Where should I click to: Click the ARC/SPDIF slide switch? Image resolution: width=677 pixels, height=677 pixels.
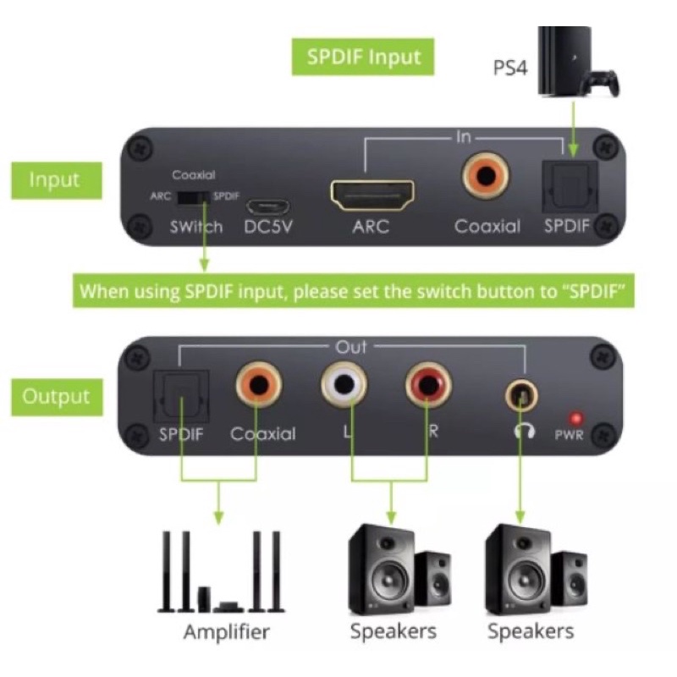point(194,196)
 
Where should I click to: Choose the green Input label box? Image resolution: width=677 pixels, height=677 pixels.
point(54,179)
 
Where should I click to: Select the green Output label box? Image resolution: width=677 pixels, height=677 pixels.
point(56,396)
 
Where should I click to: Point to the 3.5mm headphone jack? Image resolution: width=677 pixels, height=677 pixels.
point(519,394)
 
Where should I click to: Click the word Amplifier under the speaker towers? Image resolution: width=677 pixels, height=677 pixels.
point(227,631)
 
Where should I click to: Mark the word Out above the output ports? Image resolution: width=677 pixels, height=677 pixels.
point(351,347)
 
